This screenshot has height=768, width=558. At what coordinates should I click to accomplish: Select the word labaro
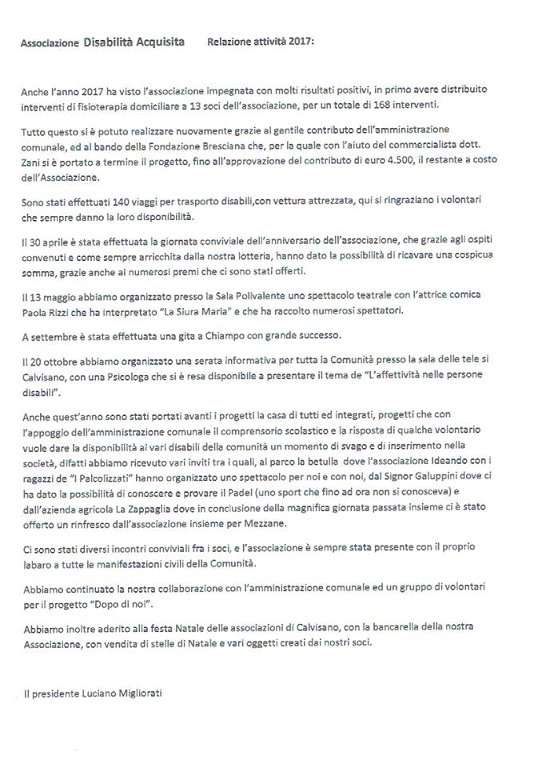[x=35, y=559]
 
